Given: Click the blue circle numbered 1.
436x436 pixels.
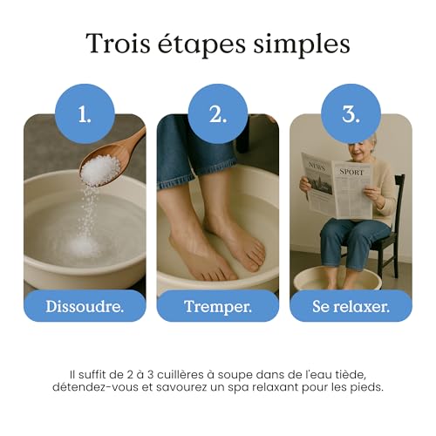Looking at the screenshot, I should [x=85, y=114].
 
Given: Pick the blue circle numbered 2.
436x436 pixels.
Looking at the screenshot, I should [x=218, y=114].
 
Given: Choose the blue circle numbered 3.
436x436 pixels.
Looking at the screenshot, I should [x=351, y=114].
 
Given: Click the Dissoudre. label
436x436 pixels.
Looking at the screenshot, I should [x=85, y=306].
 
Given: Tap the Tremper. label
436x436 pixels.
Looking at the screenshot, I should [x=218, y=306].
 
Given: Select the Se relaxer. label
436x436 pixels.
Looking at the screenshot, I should [x=351, y=306].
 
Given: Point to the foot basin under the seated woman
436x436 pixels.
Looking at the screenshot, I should [x=337, y=279].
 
